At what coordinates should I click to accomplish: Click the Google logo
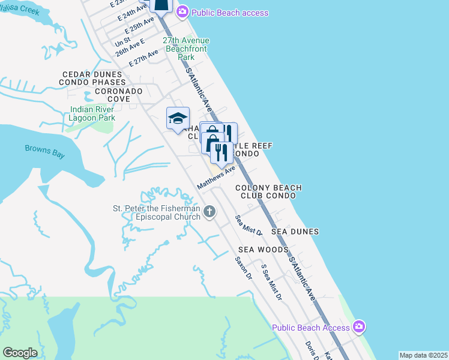[20, 353]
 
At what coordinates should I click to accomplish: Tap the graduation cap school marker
[178, 118]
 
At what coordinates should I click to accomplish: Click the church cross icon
[209, 211]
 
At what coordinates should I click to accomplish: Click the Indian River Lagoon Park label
[92, 114]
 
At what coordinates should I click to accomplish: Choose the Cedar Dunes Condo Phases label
[93, 78]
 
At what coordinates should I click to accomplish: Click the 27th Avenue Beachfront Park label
[187, 49]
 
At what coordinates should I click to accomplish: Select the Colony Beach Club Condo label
[268, 192]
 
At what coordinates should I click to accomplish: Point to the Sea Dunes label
[295, 231]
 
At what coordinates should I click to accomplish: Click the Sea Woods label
[263, 249]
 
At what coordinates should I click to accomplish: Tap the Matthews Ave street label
[216, 179]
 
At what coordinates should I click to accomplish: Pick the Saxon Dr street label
[243, 268]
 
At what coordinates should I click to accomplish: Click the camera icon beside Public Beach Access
[358, 327]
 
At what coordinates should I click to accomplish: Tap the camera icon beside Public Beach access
[182, 12]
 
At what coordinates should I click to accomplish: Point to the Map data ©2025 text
[423, 355]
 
